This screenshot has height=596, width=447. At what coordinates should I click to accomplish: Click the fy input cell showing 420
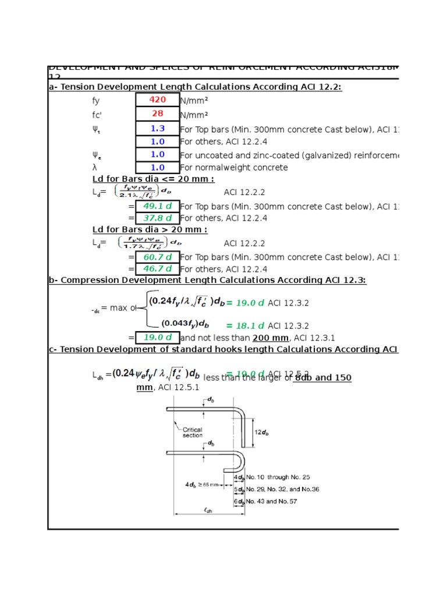(157, 100)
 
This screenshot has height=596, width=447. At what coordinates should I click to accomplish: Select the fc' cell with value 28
(157, 114)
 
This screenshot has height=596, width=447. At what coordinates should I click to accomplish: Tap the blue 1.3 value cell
(157, 128)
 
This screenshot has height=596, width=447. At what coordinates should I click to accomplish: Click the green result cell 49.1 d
(157, 206)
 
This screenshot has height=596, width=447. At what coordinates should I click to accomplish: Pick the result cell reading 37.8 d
(157, 218)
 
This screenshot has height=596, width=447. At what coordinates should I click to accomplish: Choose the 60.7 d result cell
(157, 257)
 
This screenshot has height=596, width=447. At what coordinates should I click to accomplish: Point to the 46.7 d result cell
(157, 269)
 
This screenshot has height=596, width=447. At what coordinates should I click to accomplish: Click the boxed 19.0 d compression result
(157, 338)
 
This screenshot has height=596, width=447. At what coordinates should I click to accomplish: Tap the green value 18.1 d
(245, 326)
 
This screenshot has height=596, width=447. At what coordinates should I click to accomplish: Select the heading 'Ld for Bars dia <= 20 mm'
(153, 179)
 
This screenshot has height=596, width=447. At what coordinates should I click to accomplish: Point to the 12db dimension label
(262, 432)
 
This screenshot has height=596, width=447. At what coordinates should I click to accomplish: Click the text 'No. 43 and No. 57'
(272, 501)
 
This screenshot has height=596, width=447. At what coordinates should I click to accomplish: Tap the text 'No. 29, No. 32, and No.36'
(282, 489)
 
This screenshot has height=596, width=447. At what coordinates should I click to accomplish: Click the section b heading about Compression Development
(207, 280)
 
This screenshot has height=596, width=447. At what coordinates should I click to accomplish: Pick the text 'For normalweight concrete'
(234, 168)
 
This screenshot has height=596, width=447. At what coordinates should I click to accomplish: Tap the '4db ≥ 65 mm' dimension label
(200, 484)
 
